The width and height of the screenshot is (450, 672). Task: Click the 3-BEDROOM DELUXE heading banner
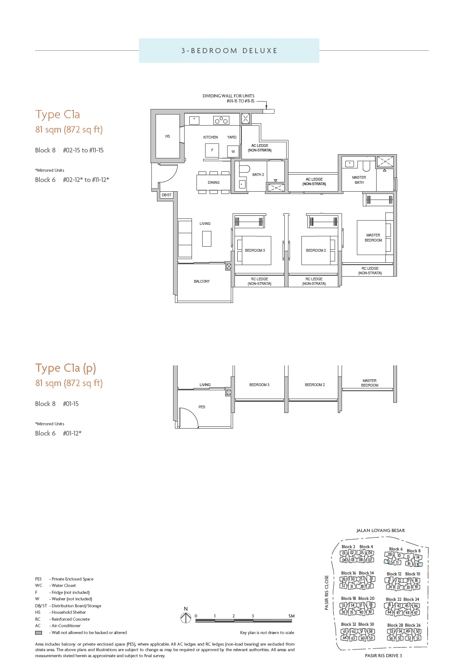click(x=229, y=51)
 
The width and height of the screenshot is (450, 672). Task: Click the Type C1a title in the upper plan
click(x=58, y=115)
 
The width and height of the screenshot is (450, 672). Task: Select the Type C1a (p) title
click(x=66, y=368)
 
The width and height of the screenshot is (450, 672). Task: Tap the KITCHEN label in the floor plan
click(x=210, y=137)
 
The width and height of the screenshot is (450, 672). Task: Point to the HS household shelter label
click(x=168, y=136)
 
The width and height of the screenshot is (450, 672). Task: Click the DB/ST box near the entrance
click(x=167, y=195)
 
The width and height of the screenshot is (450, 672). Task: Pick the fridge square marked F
click(x=212, y=150)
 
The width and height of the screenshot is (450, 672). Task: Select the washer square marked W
click(x=233, y=151)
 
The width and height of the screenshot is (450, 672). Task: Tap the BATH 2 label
click(x=258, y=175)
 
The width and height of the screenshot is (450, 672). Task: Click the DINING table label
click(x=213, y=182)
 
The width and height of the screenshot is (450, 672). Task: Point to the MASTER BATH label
click(x=359, y=180)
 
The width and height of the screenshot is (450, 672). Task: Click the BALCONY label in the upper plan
click(x=202, y=281)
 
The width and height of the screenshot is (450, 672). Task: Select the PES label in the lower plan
click(x=202, y=407)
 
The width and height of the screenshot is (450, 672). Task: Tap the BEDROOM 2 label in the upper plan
click(x=316, y=250)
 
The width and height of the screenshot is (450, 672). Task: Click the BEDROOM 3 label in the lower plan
click(x=259, y=385)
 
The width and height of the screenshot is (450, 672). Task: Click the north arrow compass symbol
click(x=186, y=617)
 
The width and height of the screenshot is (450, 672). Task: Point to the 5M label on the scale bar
click(x=291, y=616)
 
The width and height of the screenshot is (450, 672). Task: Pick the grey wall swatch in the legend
click(x=39, y=633)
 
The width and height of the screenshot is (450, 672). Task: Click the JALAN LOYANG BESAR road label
click(x=380, y=531)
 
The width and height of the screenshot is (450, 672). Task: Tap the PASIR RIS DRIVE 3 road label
click(x=383, y=655)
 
